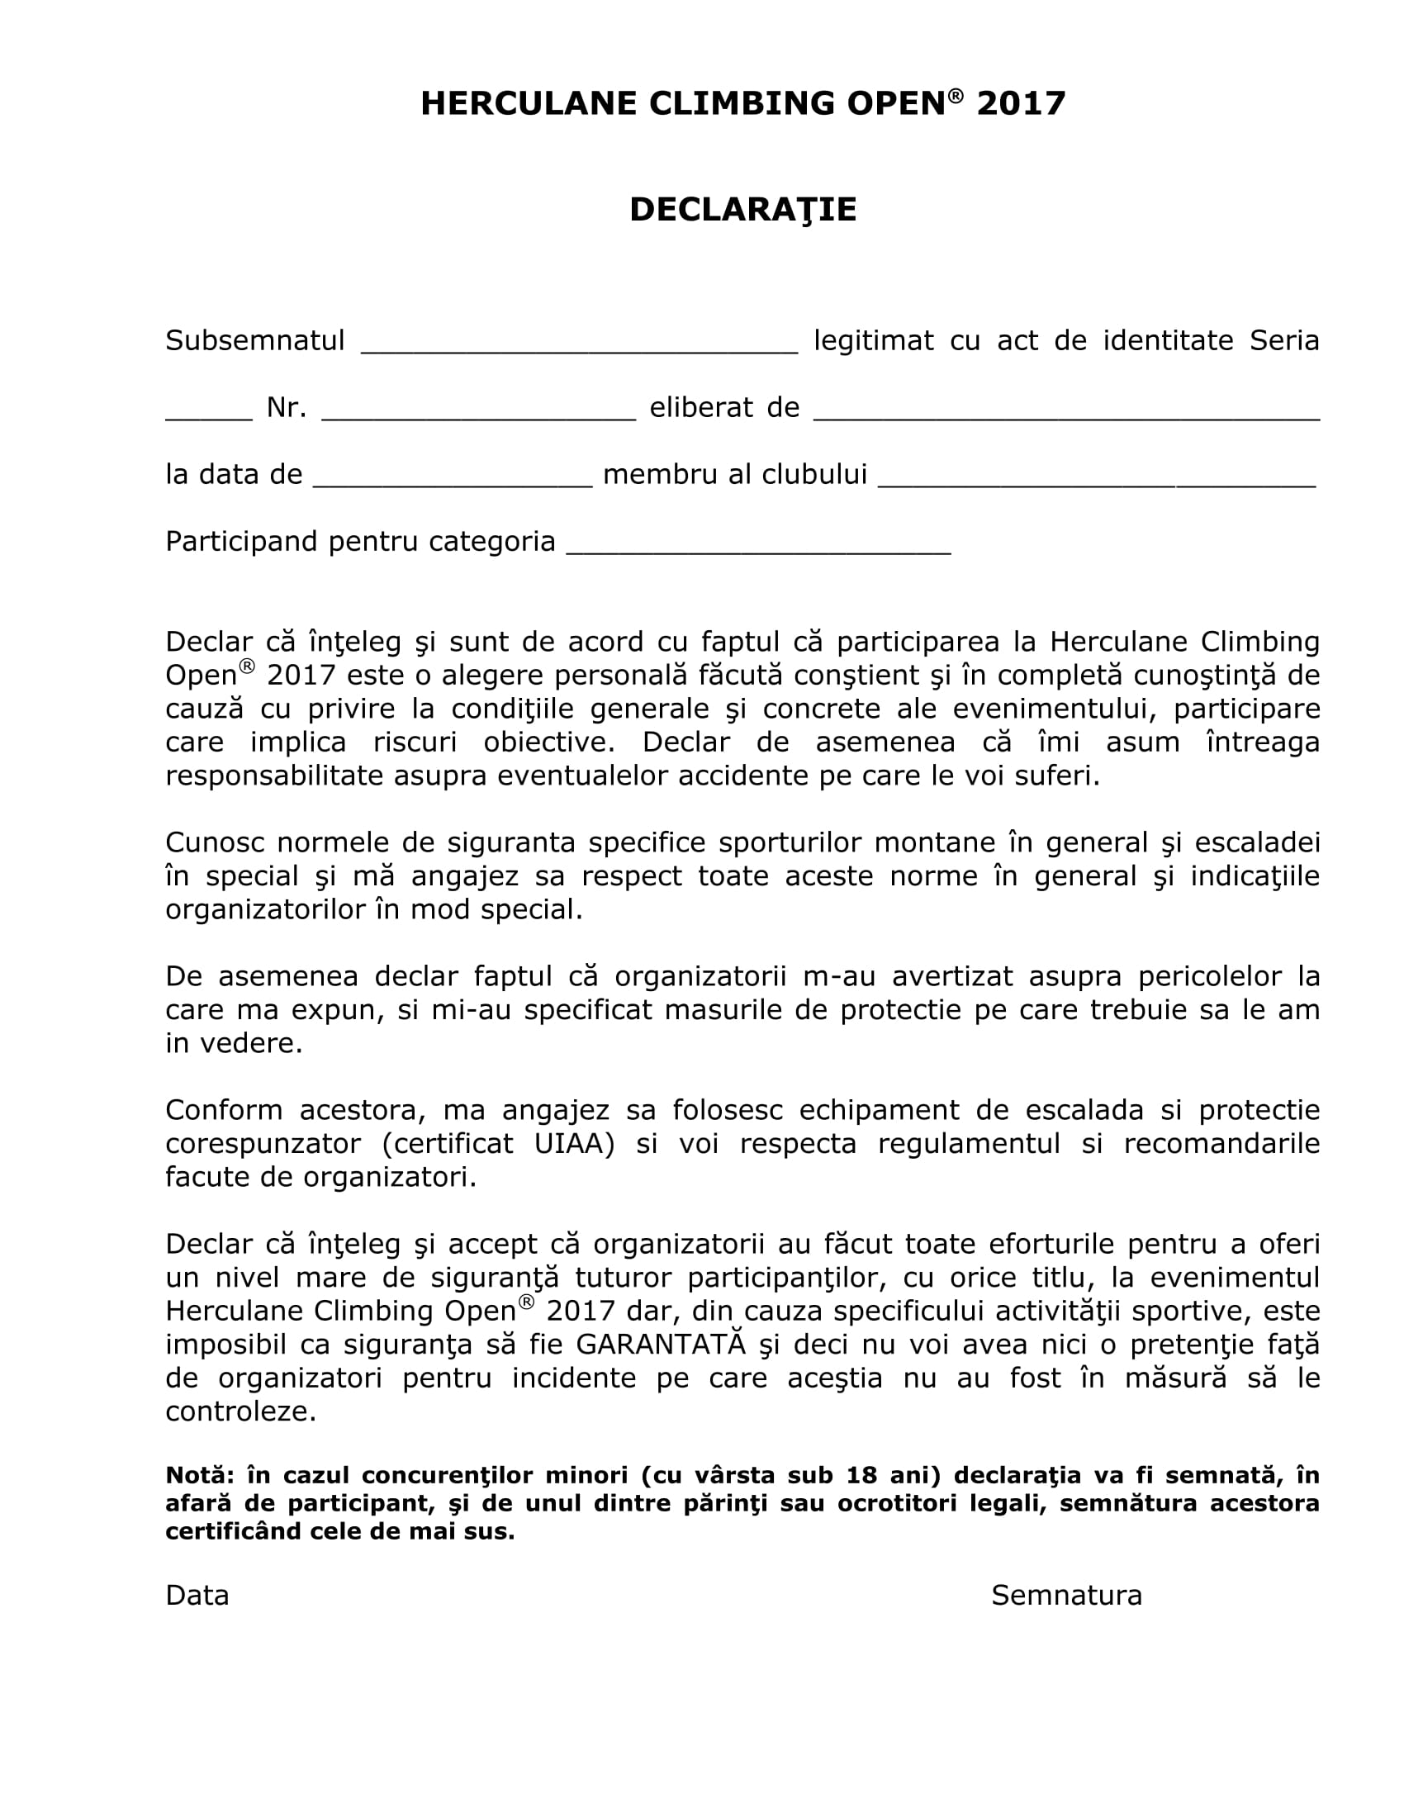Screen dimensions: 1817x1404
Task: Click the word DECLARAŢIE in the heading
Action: [742, 210]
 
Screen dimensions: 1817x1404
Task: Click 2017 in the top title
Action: [1022, 103]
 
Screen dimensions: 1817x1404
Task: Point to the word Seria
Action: [1284, 340]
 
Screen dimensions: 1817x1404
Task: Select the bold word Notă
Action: [201, 1475]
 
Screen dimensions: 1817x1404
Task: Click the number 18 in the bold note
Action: [862, 1475]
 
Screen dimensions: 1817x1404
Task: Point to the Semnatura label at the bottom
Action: [1066, 1595]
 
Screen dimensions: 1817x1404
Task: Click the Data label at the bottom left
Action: [197, 1595]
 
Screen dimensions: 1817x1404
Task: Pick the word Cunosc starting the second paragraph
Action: [215, 842]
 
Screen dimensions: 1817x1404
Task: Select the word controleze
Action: [240, 1411]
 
